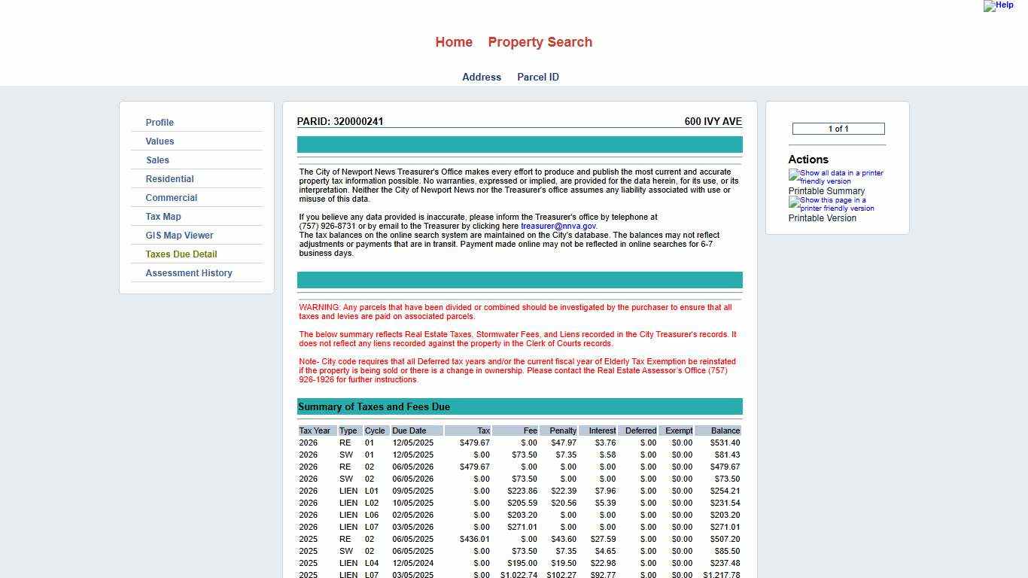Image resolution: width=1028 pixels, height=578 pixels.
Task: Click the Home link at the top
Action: click(x=454, y=42)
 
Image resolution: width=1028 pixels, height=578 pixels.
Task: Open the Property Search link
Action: click(x=540, y=42)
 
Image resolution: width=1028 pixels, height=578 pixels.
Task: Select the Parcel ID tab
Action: click(x=537, y=77)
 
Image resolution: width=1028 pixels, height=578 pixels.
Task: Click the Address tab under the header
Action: click(x=482, y=77)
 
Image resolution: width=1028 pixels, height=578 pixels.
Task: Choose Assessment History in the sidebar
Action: click(x=189, y=273)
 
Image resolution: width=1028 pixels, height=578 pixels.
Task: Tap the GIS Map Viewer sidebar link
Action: click(x=179, y=236)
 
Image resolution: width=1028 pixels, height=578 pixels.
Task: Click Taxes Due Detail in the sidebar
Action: click(x=181, y=254)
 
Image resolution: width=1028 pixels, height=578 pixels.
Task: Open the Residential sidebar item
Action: click(x=169, y=179)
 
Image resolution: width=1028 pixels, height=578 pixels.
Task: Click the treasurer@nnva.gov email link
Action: click(x=558, y=226)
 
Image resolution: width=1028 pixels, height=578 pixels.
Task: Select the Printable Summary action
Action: click(x=826, y=191)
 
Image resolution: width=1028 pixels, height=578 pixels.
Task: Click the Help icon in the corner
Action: click(x=998, y=5)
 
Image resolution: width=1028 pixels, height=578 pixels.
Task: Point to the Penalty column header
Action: click(x=563, y=430)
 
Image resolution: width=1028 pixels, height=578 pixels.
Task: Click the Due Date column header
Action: click(x=409, y=430)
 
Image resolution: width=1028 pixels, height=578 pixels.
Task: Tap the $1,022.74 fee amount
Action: click(x=519, y=575)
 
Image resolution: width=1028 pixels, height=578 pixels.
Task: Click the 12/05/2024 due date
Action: click(x=412, y=563)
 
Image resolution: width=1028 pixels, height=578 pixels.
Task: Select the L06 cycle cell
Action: click(x=372, y=515)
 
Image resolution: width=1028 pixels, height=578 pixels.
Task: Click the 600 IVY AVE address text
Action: click(x=713, y=121)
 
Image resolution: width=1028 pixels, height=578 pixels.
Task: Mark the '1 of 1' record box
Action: click(x=838, y=129)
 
